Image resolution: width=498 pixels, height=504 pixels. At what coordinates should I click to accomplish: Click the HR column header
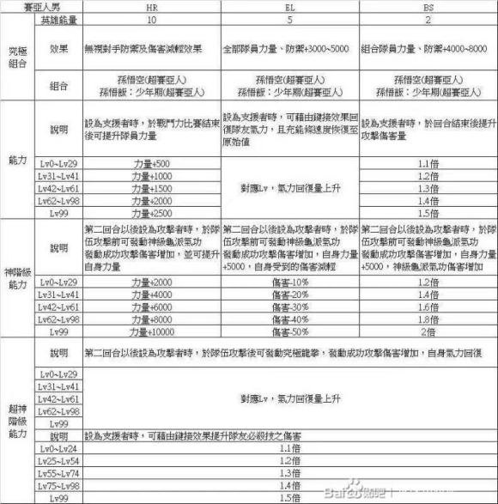click(x=151, y=6)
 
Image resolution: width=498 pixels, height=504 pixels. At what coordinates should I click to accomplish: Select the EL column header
click(x=290, y=6)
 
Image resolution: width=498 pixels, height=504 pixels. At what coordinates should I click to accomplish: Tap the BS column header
click(x=428, y=6)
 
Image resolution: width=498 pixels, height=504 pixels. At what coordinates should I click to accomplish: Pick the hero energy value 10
click(x=151, y=18)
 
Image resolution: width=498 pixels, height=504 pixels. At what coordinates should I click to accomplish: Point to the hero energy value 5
click(x=290, y=18)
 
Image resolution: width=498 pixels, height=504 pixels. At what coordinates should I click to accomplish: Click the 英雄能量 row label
click(x=58, y=18)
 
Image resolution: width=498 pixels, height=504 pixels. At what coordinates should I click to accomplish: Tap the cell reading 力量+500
click(x=151, y=161)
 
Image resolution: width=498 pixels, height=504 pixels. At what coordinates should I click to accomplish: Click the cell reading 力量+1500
click(x=151, y=187)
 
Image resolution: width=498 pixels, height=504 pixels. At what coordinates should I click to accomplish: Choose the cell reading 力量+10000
click(x=151, y=331)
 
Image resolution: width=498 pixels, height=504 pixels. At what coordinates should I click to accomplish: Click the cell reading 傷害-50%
click(x=290, y=331)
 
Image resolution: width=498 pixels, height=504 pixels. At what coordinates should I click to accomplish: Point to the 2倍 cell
click(x=428, y=331)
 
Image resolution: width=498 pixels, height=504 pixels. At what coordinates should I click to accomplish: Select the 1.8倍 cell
click(x=428, y=319)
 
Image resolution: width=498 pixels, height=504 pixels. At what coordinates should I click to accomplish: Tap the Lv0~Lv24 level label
click(x=58, y=449)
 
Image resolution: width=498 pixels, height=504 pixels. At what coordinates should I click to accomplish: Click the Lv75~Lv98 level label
click(x=58, y=486)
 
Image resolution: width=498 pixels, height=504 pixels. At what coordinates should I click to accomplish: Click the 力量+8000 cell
click(x=151, y=319)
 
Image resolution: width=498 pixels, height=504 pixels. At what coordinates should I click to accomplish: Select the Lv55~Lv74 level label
click(x=58, y=474)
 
